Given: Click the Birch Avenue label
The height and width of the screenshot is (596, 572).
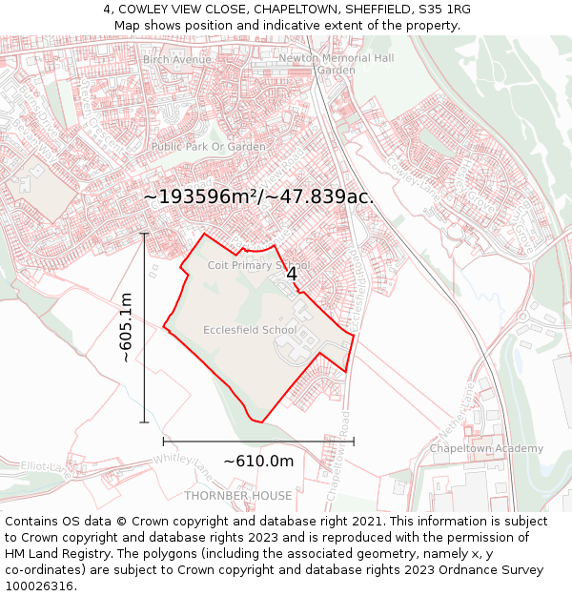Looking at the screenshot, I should tap(177, 59).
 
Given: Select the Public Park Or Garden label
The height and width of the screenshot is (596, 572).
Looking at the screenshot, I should tap(208, 147).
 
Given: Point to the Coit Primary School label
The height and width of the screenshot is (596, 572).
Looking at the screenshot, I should tap(258, 265).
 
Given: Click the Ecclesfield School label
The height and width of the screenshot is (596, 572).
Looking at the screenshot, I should tap(250, 330).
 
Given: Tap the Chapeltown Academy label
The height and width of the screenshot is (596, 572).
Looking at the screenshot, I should tap(486, 448).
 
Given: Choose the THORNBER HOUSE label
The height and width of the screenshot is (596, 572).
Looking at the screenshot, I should tap(238, 496).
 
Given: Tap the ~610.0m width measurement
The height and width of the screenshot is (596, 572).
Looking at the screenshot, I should tap(258, 462).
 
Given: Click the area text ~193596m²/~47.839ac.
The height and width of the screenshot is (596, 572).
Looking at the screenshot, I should tap(258, 196).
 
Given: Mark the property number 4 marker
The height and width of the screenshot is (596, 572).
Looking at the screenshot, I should tap(292, 274).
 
